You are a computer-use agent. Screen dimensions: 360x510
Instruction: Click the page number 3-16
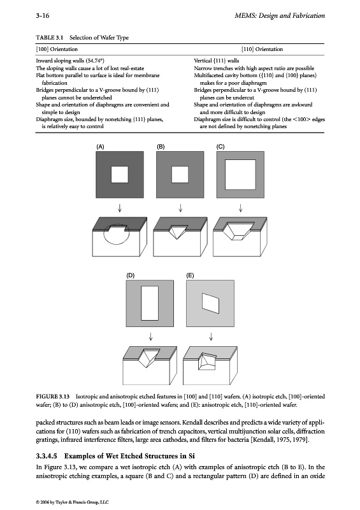click(x=43, y=15)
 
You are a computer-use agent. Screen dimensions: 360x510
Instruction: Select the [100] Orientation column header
click(x=57, y=49)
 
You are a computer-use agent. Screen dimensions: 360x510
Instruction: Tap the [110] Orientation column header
click(x=262, y=49)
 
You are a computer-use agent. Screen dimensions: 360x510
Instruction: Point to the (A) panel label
click(x=100, y=147)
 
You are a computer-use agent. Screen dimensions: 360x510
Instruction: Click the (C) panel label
click(x=220, y=147)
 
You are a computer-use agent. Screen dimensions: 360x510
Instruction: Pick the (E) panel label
click(x=191, y=275)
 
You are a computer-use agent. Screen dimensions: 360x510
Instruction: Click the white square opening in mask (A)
click(x=120, y=175)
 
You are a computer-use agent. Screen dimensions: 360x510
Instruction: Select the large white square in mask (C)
click(x=240, y=175)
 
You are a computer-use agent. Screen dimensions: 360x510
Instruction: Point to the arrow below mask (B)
click(x=180, y=208)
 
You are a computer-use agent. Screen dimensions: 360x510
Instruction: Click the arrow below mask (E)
click(x=211, y=337)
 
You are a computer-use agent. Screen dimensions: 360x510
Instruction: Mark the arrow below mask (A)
click(x=120, y=208)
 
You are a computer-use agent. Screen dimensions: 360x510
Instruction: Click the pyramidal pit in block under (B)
click(x=176, y=231)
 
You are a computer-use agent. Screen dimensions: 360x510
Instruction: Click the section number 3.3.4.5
click(x=47, y=456)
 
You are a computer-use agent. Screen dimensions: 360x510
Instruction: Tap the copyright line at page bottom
click(x=72, y=502)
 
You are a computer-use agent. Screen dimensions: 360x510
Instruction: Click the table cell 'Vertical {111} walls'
click(x=216, y=61)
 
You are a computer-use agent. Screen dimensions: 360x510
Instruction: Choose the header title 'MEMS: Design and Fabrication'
click(x=280, y=15)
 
